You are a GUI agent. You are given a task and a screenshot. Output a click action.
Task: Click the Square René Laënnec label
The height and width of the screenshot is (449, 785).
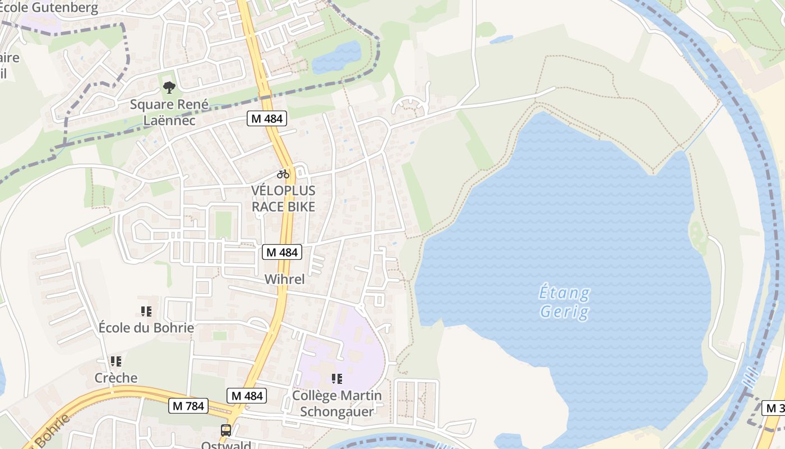[x=161, y=112]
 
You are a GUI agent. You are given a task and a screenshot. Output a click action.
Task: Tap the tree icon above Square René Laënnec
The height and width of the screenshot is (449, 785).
[x=169, y=88]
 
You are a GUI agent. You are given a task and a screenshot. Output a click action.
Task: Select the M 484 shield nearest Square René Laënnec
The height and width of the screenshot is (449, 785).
[x=267, y=118]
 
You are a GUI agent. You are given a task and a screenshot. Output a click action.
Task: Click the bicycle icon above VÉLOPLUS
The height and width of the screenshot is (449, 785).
[x=283, y=174]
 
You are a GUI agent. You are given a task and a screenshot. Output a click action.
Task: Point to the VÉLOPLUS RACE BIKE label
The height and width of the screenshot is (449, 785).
[x=283, y=198]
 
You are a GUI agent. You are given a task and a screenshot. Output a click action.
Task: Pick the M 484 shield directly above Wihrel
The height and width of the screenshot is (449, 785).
[x=282, y=253]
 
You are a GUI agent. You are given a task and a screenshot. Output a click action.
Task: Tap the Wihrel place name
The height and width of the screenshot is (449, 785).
[x=284, y=279]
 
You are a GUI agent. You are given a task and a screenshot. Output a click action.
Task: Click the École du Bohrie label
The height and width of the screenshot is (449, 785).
[x=146, y=328]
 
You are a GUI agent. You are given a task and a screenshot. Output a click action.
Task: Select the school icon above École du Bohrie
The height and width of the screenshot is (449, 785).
[x=146, y=311]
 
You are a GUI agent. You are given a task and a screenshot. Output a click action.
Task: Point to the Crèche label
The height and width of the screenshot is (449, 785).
[x=116, y=378]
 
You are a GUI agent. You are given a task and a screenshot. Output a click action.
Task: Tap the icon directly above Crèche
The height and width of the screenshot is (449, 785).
[x=116, y=361]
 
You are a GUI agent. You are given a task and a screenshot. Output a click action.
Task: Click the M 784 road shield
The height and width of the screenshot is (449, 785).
[x=188, y=406]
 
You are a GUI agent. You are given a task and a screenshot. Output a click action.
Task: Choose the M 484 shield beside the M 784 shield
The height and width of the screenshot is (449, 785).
[x=247, y=396]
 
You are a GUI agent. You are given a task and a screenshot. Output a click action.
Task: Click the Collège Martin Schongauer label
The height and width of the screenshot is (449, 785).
[x=337, y=403]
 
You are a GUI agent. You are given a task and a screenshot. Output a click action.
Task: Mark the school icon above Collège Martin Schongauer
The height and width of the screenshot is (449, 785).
[x=336, y=379]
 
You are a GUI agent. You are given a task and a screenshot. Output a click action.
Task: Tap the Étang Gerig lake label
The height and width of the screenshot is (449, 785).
[x=564, y=303]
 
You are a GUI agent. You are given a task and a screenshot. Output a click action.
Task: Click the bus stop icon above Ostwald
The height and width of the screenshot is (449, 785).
[x=226, y=430]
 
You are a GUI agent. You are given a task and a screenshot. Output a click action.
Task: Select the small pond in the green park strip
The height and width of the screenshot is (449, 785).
[x=336, y=57]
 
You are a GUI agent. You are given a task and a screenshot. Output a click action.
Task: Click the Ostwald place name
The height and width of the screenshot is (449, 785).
[x=226, y=445]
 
